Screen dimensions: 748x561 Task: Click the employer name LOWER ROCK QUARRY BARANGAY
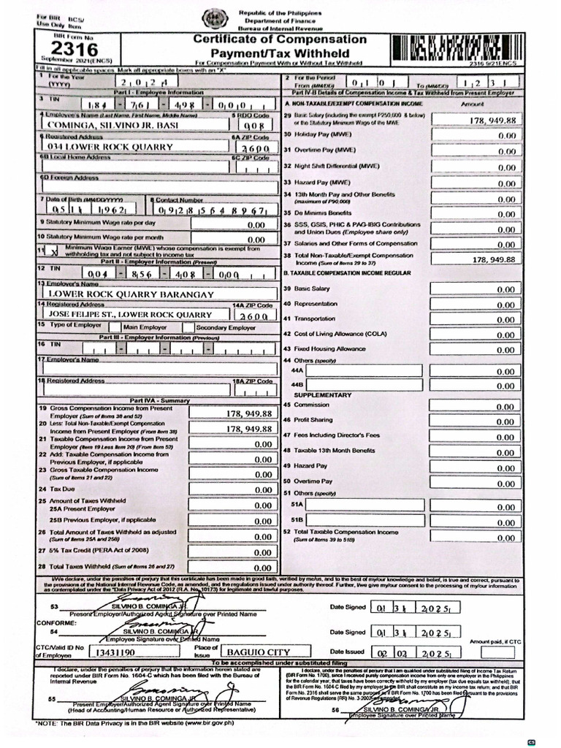131,294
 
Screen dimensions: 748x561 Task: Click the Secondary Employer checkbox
188,327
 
